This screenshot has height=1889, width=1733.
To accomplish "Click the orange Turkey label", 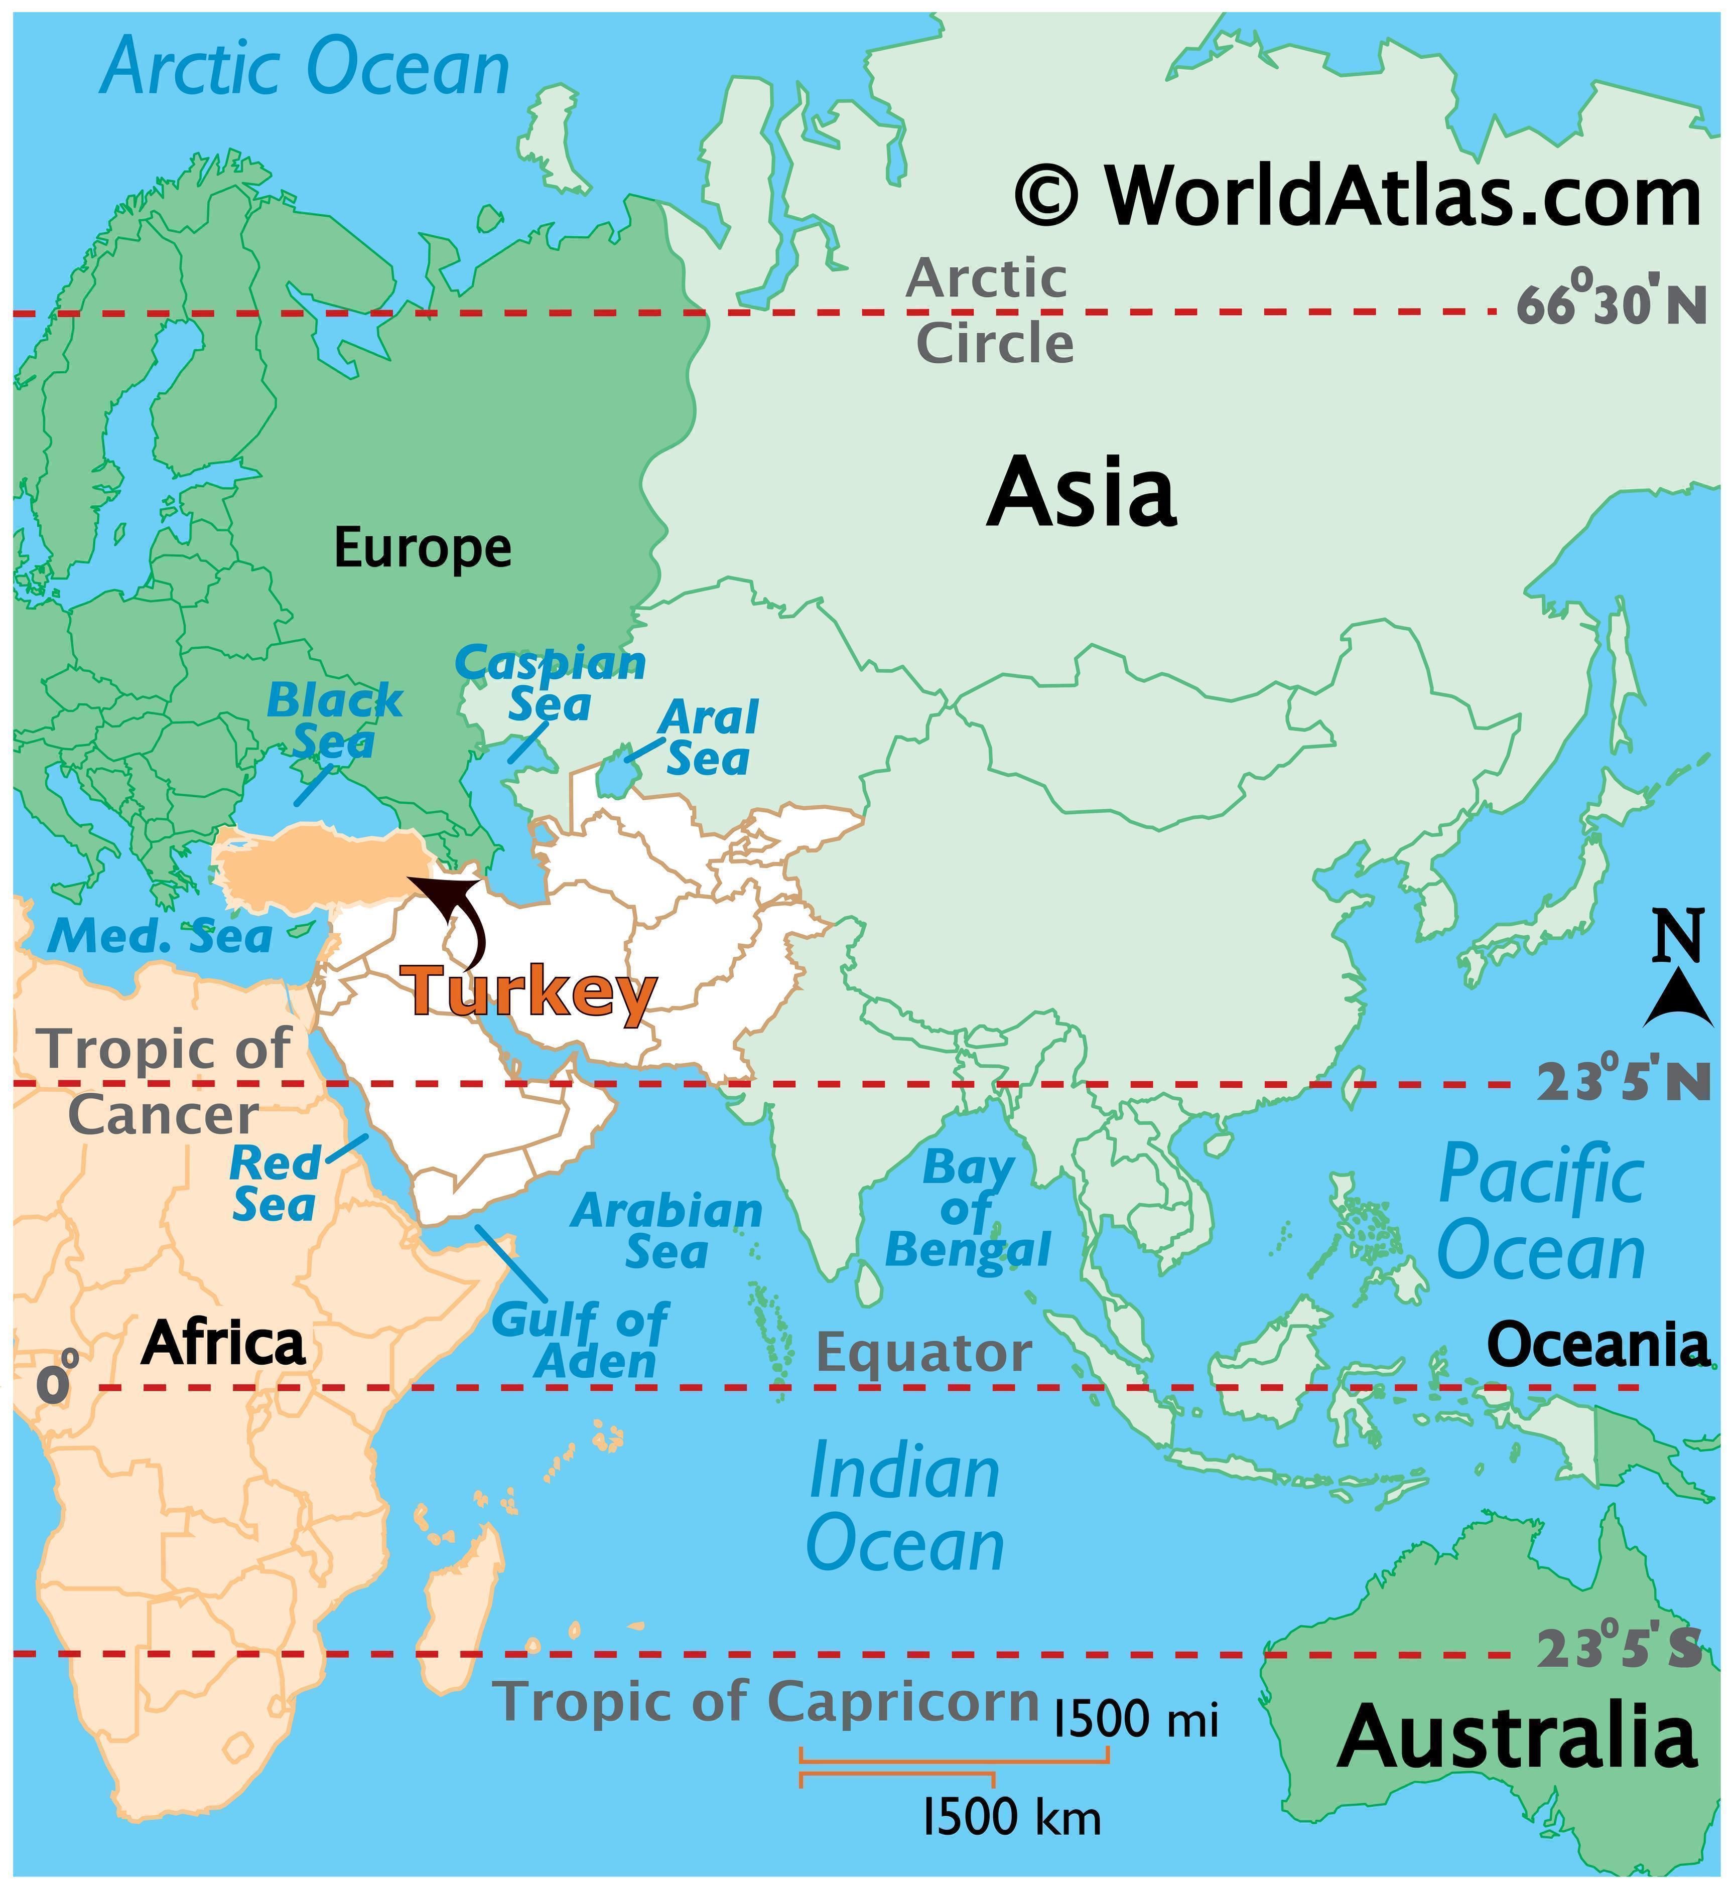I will pos(530,992).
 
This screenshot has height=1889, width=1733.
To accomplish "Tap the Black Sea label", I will pos(335,720).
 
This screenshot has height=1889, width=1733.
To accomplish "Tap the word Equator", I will pos(923,1353).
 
